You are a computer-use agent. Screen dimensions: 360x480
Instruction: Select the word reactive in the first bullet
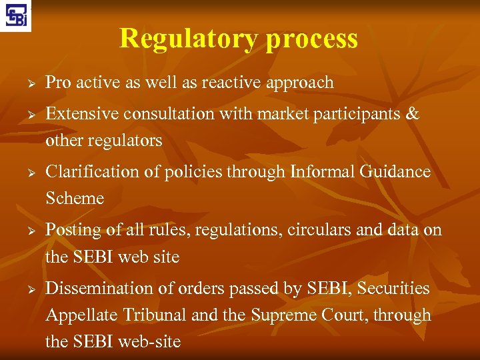click(x=232, y=83)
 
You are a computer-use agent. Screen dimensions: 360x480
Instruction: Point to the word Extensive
click(x=81, y=114)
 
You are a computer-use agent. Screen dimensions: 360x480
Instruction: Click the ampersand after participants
click(x=413, y=114)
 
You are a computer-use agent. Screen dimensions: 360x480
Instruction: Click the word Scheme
click(x=75, y=199)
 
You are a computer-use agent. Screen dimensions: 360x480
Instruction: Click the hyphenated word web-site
click(x=149, y=342)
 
